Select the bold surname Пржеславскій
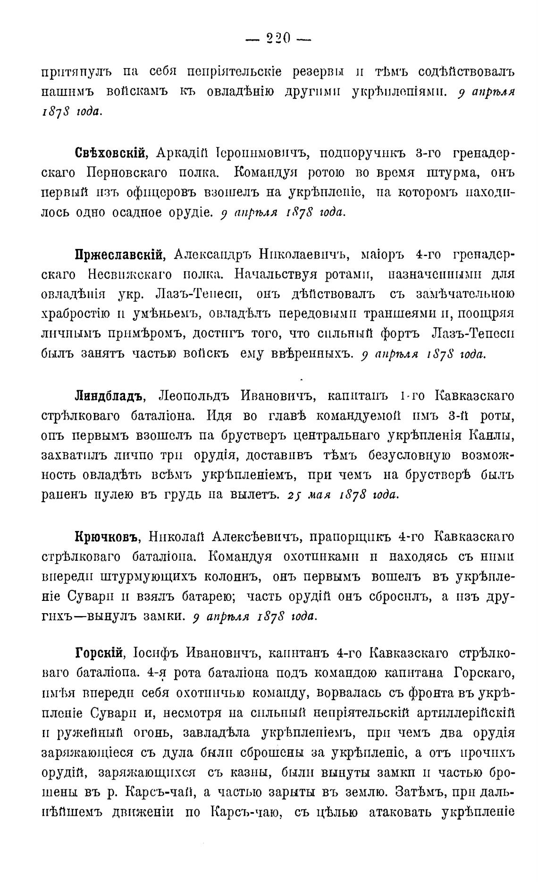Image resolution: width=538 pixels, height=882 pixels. point(119,255)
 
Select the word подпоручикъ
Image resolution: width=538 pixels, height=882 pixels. point(369,154)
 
